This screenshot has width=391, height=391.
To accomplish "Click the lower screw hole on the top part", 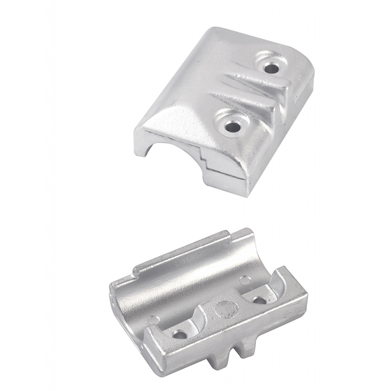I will pos(232,126).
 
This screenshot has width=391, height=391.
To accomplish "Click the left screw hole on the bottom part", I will pos(180,334).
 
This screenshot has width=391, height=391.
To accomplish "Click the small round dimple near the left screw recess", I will pos(153,319).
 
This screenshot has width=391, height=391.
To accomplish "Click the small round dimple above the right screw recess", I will pos(244,280).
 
